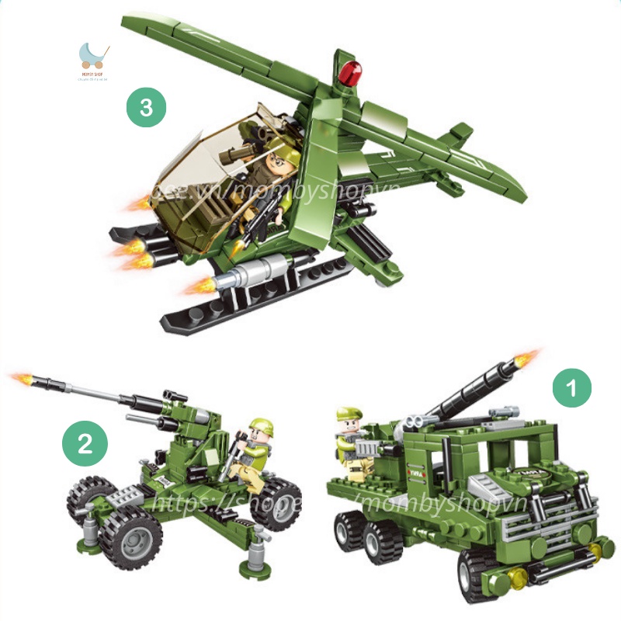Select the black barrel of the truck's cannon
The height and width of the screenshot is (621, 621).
coord(466,395)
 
